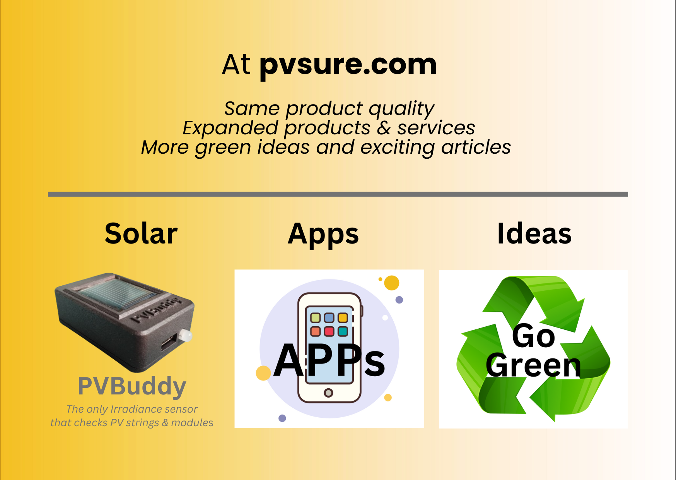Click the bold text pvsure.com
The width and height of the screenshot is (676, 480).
click(x=348, y=65)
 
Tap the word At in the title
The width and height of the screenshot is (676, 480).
click(x=236, y=64)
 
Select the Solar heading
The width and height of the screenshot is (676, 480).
click(x=141, y=234)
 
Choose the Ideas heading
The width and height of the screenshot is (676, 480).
click(x=534, y=234)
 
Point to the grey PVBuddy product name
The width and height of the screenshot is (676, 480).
click(x=132, y=386)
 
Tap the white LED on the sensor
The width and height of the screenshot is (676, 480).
click(x=186, y=335)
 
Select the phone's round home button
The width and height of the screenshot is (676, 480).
click(x=328, y=393)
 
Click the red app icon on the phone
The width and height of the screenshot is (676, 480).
click(x=329, y=331)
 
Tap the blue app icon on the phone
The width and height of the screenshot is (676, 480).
click(x=329, y=318)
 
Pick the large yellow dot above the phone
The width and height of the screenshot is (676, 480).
click(x=391, y=283)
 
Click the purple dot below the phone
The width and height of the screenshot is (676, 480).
click(x=282, y=418)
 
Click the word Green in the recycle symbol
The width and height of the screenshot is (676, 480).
click(x=534, y=365)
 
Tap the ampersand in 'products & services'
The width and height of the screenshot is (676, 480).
click(x=384, y=128)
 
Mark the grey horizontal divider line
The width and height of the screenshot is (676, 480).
click(x=338, y=194)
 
